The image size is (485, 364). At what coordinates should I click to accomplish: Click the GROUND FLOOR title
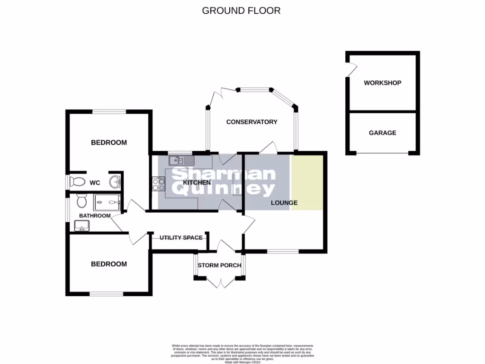tap(241, 10)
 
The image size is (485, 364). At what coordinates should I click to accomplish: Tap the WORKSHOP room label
tap(382, 83)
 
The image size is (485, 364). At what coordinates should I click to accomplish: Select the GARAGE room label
tap(382, 133)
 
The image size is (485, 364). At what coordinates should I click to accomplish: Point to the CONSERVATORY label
tap(251, 122)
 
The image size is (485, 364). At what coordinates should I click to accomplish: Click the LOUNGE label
tap(284, 203)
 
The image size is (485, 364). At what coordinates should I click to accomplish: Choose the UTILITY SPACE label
tap(181, 237)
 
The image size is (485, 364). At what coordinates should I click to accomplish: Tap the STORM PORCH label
tap(219, 265)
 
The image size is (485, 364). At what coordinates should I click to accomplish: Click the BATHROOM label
tap(95, 216)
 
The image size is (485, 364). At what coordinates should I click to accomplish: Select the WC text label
tap(95, 182)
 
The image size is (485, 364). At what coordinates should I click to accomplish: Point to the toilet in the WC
tap(77, 182)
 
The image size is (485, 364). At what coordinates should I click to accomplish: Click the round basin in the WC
tap(114, 182)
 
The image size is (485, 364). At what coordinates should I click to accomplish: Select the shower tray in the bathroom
tap(107, 203)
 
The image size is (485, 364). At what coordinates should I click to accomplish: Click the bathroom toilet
tap(81, 201)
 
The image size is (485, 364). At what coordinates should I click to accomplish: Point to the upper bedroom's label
tap(108, 143)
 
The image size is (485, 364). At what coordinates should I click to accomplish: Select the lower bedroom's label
tap(108, 264)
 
